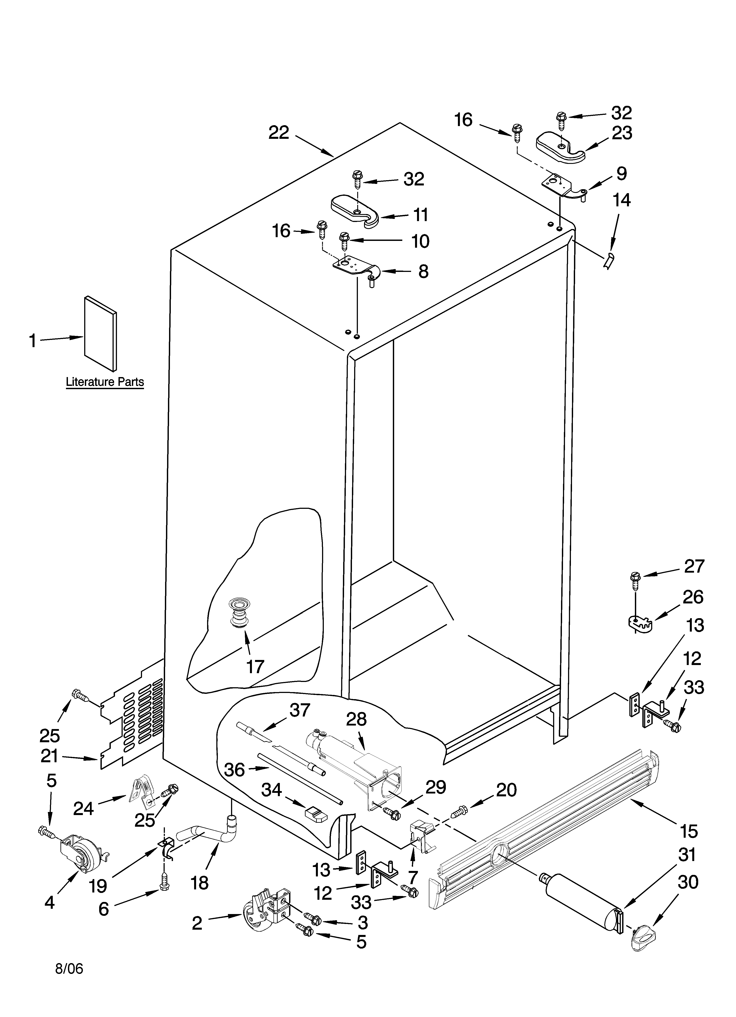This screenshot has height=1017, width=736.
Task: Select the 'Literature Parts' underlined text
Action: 105,382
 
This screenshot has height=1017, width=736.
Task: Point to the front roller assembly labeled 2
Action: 264,908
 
